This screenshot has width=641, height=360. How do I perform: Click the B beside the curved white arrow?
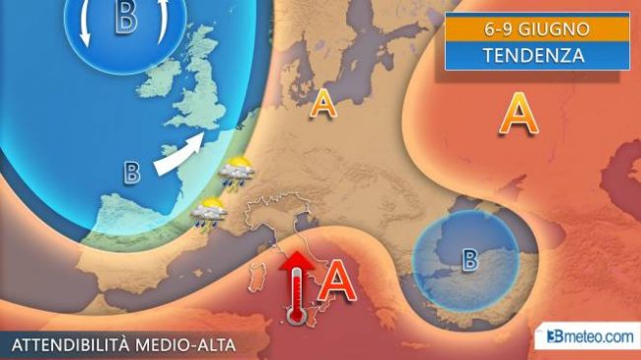pos(132,173)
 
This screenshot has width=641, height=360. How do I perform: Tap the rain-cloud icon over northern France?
pos(236,174)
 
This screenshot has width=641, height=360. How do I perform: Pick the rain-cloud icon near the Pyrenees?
pos(208,210)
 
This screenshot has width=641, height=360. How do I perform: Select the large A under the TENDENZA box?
pos(518,115)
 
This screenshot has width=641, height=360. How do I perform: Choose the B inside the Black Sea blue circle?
pos(470,260)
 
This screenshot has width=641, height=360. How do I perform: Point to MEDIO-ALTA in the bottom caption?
pos(198,344)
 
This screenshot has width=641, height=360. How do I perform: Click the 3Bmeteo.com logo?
pos(590,337)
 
